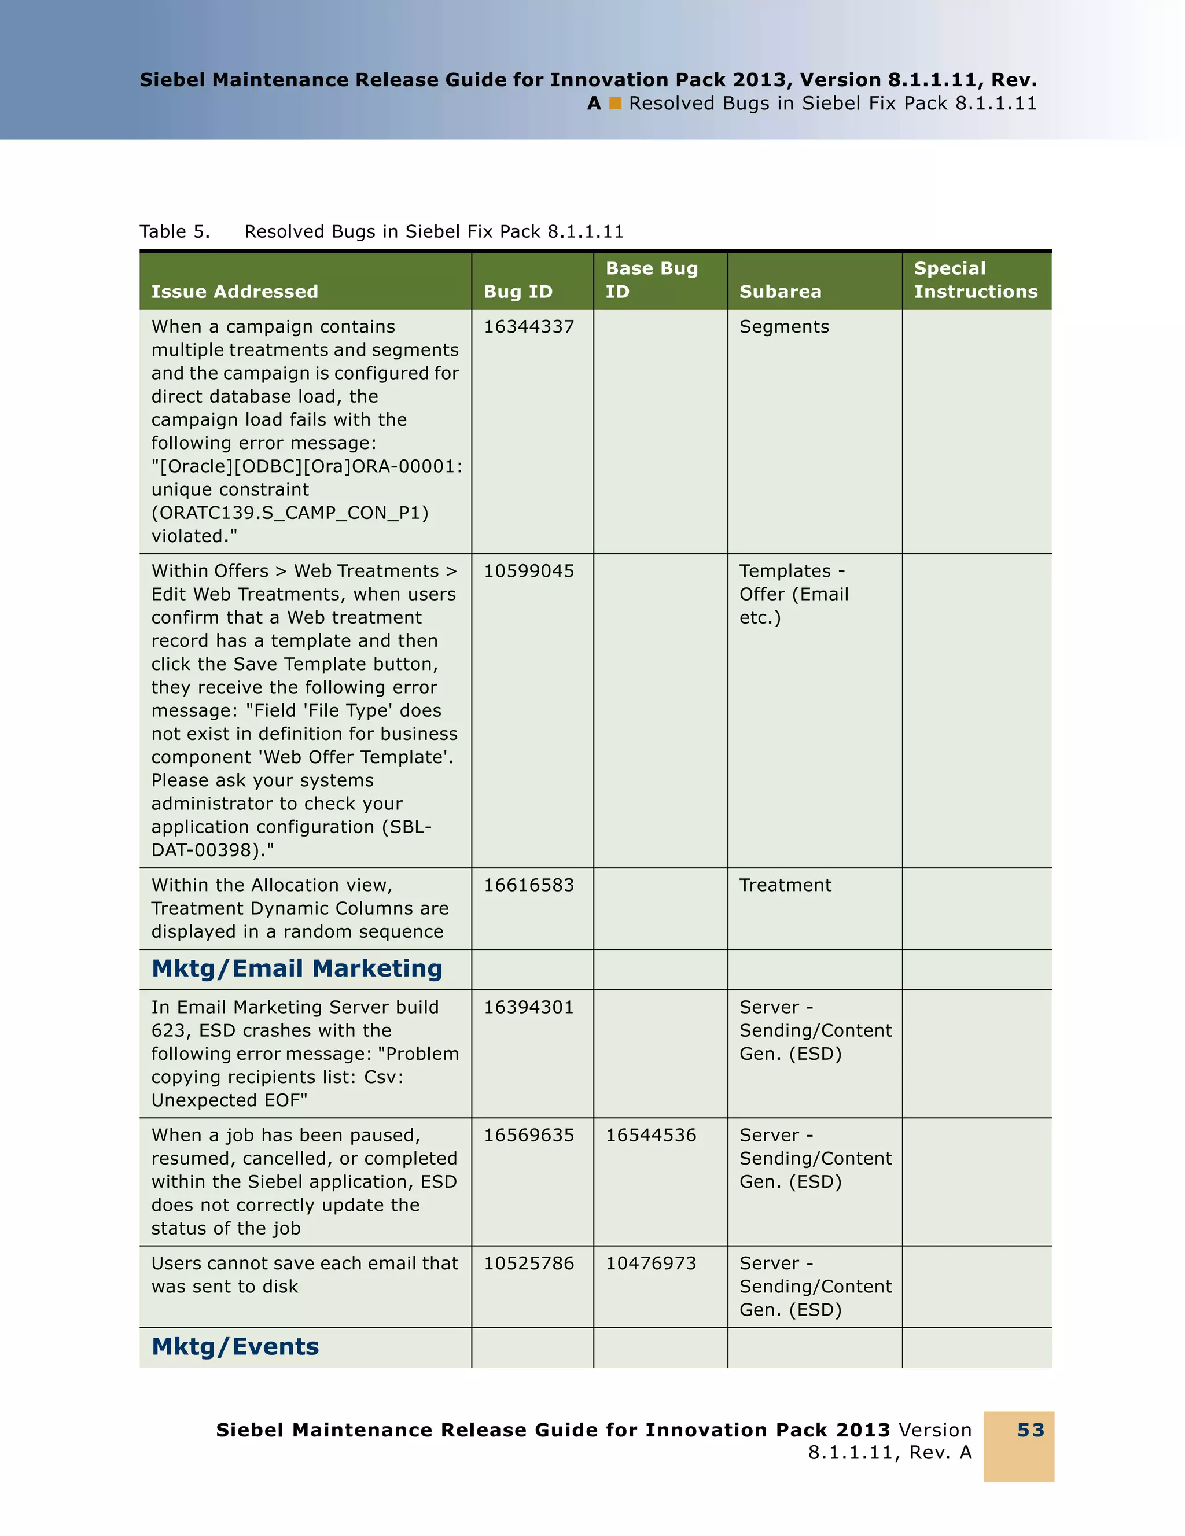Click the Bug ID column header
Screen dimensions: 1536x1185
[x=518, y=291]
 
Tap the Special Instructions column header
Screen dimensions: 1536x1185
[x=975, y=280]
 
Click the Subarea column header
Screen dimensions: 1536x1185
[x=780, y=291]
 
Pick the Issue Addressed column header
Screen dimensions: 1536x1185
[x=234, y=291]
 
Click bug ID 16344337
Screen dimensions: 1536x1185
[x=528, y=326]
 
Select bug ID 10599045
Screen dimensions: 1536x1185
[x=528, y=570]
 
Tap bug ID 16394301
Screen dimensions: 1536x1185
[x=528, y=1007]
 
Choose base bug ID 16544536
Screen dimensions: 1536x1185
[x=650, y=1135]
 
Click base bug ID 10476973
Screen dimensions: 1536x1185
[x=650, y=1263]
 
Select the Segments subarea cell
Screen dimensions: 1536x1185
[x=783, y=326]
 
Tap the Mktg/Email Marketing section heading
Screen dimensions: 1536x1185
[x=297, y=968]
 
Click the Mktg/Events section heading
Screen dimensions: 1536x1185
[x=235, y=1346]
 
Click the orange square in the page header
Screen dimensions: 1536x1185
[x=616, y=104]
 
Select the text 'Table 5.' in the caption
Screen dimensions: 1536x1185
[x=174, y=231]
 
